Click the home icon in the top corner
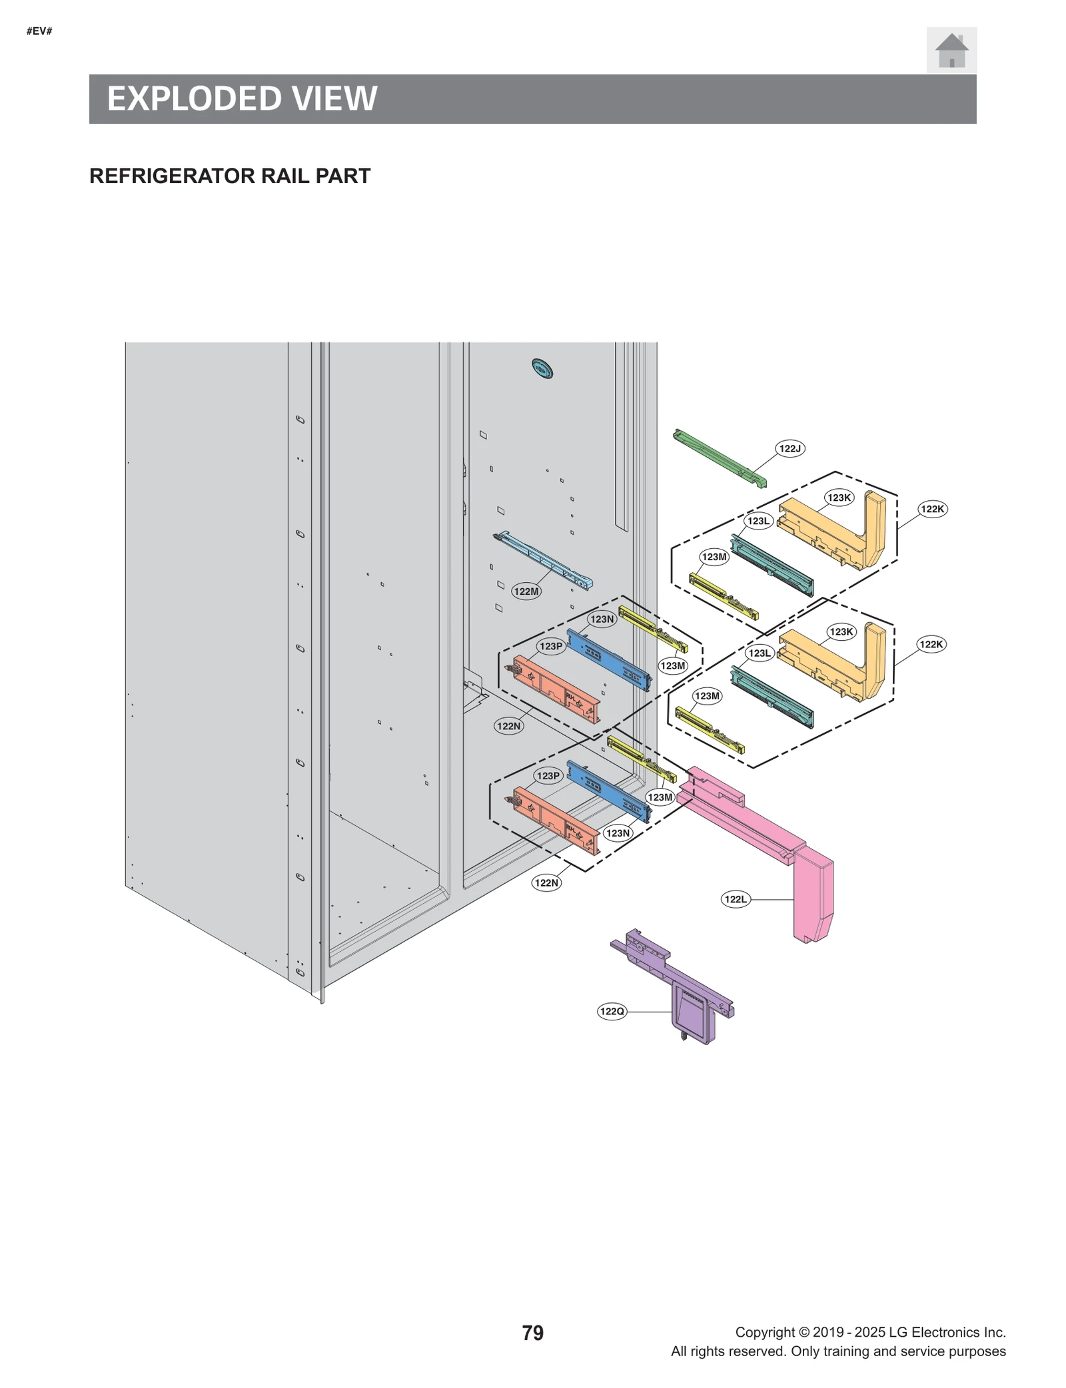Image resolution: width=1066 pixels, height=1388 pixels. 951,51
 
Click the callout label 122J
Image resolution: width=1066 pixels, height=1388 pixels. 790,448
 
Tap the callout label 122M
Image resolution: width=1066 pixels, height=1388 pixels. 526,591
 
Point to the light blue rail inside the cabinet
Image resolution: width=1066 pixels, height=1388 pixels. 543,560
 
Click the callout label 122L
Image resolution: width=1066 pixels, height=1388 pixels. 736,899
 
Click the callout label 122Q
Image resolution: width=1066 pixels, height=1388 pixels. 612,1012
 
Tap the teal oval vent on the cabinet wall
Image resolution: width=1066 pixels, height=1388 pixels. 542,368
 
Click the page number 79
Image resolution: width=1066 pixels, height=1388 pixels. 532,1333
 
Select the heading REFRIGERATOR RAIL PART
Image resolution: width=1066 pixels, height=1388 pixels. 229,176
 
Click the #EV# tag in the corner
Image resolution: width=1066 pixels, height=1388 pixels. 39,31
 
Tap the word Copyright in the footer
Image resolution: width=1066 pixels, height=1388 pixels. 765,1332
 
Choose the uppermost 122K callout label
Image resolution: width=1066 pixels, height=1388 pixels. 932,509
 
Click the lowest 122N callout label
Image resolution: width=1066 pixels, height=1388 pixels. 546,882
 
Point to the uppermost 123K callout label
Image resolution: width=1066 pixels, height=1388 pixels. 839,498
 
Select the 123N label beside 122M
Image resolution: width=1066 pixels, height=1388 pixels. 602,619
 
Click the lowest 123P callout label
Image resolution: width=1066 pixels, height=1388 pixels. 548,775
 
